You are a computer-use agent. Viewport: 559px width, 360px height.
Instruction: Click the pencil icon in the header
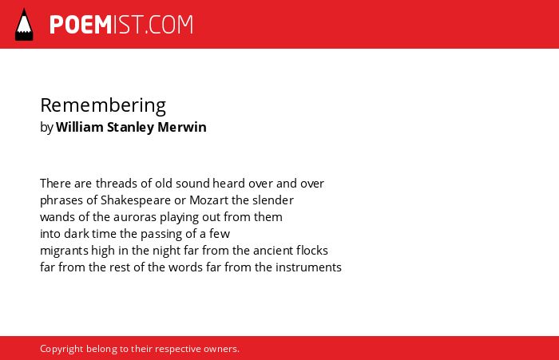(x=24, y=24)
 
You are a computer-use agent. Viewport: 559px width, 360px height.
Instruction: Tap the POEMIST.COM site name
(x=121, y=25)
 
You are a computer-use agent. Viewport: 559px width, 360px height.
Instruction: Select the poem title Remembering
(x=103, y=105)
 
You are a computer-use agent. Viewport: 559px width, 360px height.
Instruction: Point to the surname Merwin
(x=182, y=127)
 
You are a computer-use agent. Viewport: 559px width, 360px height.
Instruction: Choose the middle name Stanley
(x=130, y=127)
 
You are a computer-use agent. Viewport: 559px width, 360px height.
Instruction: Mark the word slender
(x=273, y=200)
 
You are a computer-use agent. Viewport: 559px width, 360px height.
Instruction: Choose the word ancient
(x=273, y=251)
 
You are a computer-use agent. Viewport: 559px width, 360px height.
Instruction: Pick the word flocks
(x=312, y=250)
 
